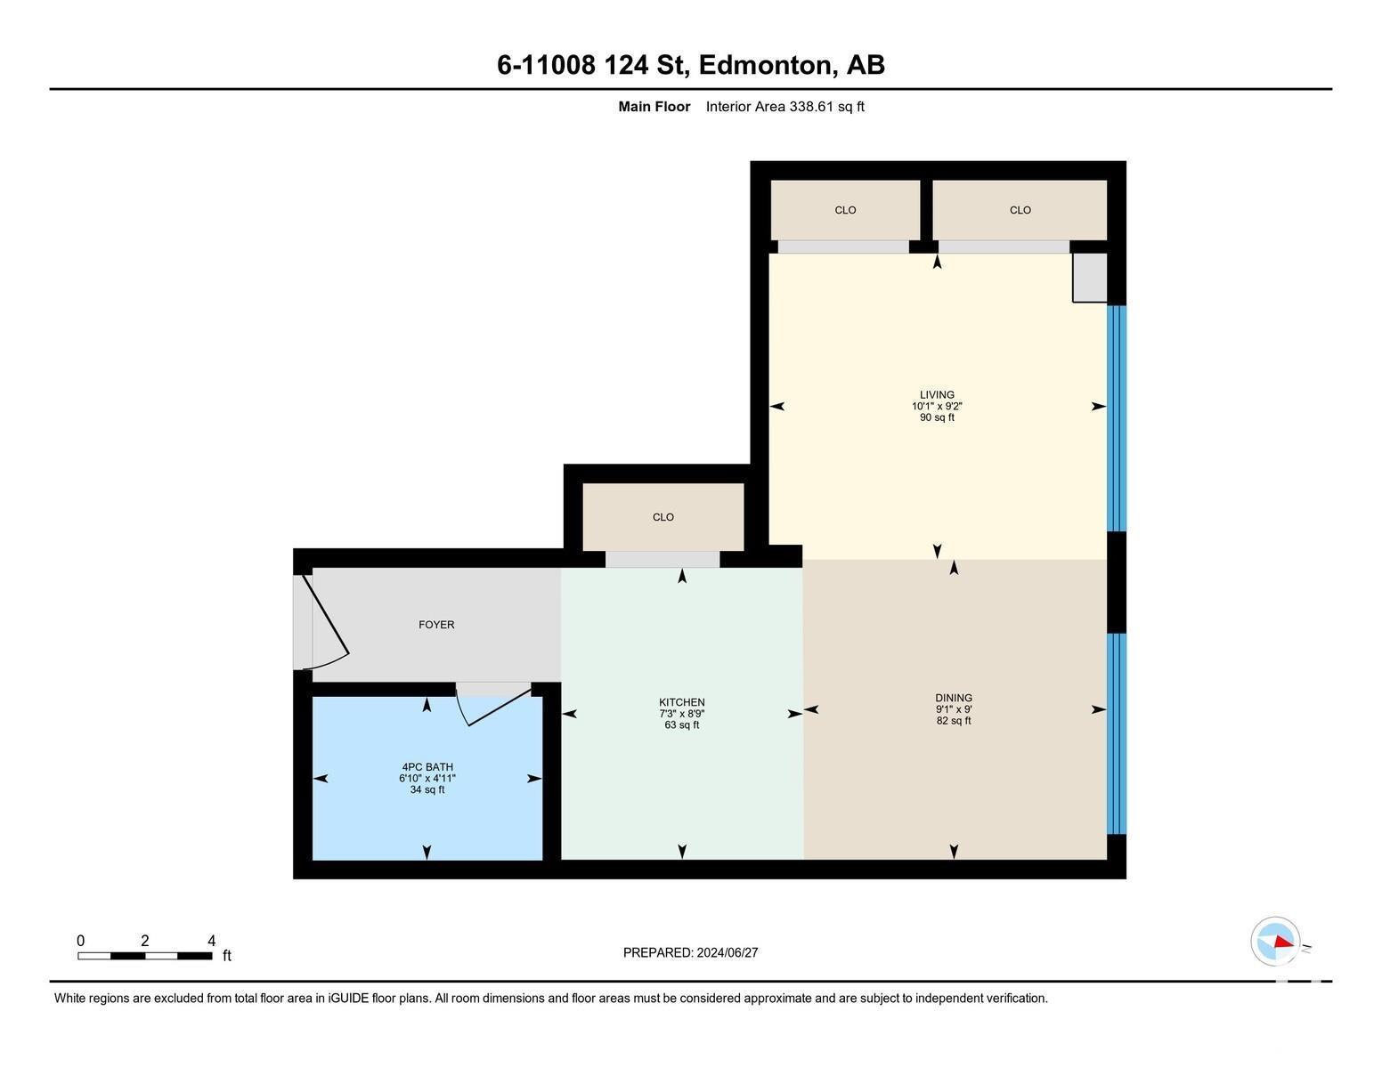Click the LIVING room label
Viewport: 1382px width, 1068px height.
(937, 394)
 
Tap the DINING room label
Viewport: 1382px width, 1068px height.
(953, 698)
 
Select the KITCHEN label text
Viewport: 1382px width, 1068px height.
(681, 702)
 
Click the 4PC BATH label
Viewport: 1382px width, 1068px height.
(427, 766)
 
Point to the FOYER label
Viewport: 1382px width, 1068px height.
(436, 625)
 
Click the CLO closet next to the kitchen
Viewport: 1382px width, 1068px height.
(663, 517)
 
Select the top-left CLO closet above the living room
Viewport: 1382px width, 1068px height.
(845, 210)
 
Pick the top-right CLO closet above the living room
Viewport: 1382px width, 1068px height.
(1020, 210)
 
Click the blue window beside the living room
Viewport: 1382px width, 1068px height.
(1116, 418)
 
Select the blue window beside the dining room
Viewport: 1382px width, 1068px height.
(1116, 733)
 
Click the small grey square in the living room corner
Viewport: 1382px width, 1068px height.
(1089, 277)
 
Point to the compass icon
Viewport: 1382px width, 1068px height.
(1275, 942)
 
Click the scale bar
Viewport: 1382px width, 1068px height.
(144, 956)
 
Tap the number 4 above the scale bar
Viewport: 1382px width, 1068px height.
(211, 941)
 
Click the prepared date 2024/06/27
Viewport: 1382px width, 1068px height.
(727, 952)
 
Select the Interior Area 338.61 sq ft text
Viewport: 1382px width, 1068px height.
(784, 107)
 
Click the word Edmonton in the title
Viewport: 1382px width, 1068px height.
(767, 65)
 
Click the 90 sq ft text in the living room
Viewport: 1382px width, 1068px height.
(937, 417)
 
